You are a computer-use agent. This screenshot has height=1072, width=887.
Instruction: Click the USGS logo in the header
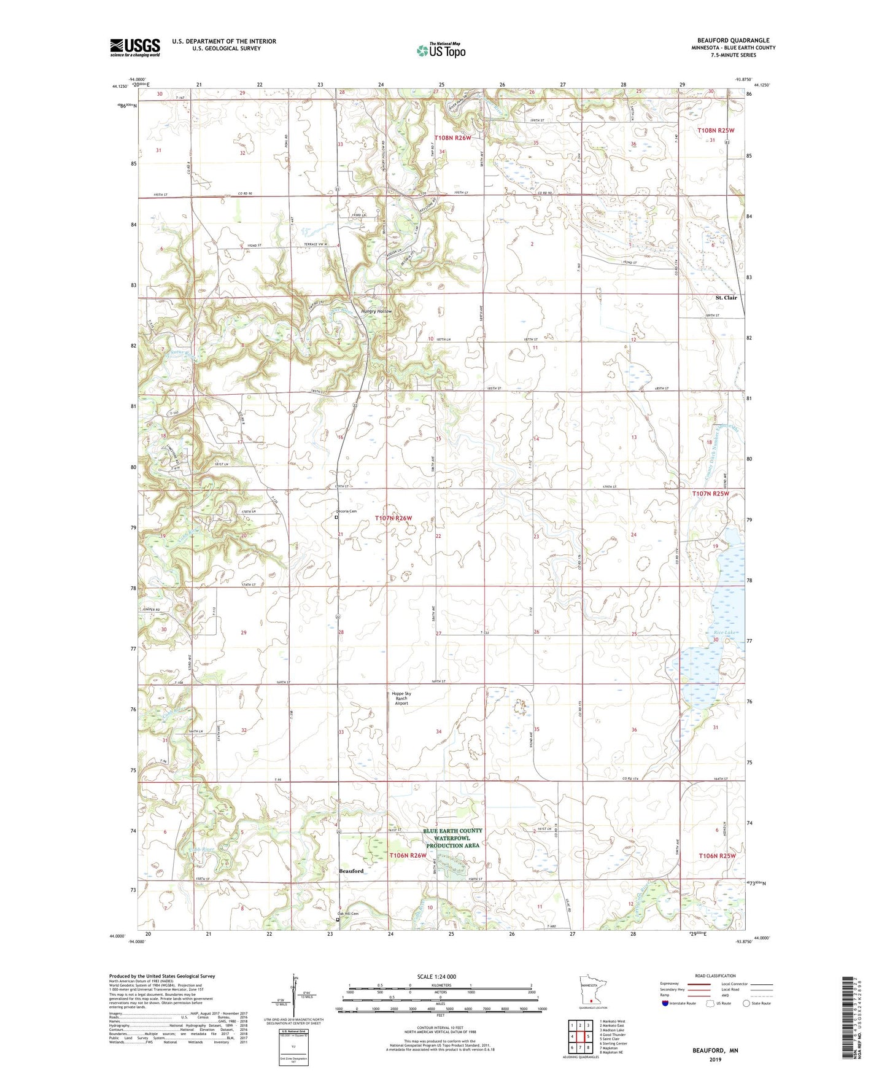pos(134,47)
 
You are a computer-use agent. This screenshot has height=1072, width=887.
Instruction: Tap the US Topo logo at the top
pos(440,50)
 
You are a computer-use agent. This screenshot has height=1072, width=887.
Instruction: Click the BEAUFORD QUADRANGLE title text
pos(733,40)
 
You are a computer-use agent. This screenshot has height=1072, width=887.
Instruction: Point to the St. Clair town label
pos(726,298)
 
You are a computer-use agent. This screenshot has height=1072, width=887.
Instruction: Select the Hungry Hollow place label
pos(376,311)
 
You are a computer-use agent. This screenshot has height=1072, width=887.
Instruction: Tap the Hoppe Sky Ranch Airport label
pos(401,698)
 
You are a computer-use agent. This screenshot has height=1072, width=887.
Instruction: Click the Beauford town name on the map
pos(351,871)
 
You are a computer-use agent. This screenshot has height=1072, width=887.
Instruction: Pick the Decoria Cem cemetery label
pos(347,511)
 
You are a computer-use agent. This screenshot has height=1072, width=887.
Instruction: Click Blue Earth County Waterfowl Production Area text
pos(452,837)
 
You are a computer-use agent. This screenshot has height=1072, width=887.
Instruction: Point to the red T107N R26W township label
pos(393,518)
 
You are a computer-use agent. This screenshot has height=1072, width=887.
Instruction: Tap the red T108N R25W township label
pos(716,131)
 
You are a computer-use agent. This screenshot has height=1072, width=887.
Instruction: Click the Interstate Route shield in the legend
pos(665,1003)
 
